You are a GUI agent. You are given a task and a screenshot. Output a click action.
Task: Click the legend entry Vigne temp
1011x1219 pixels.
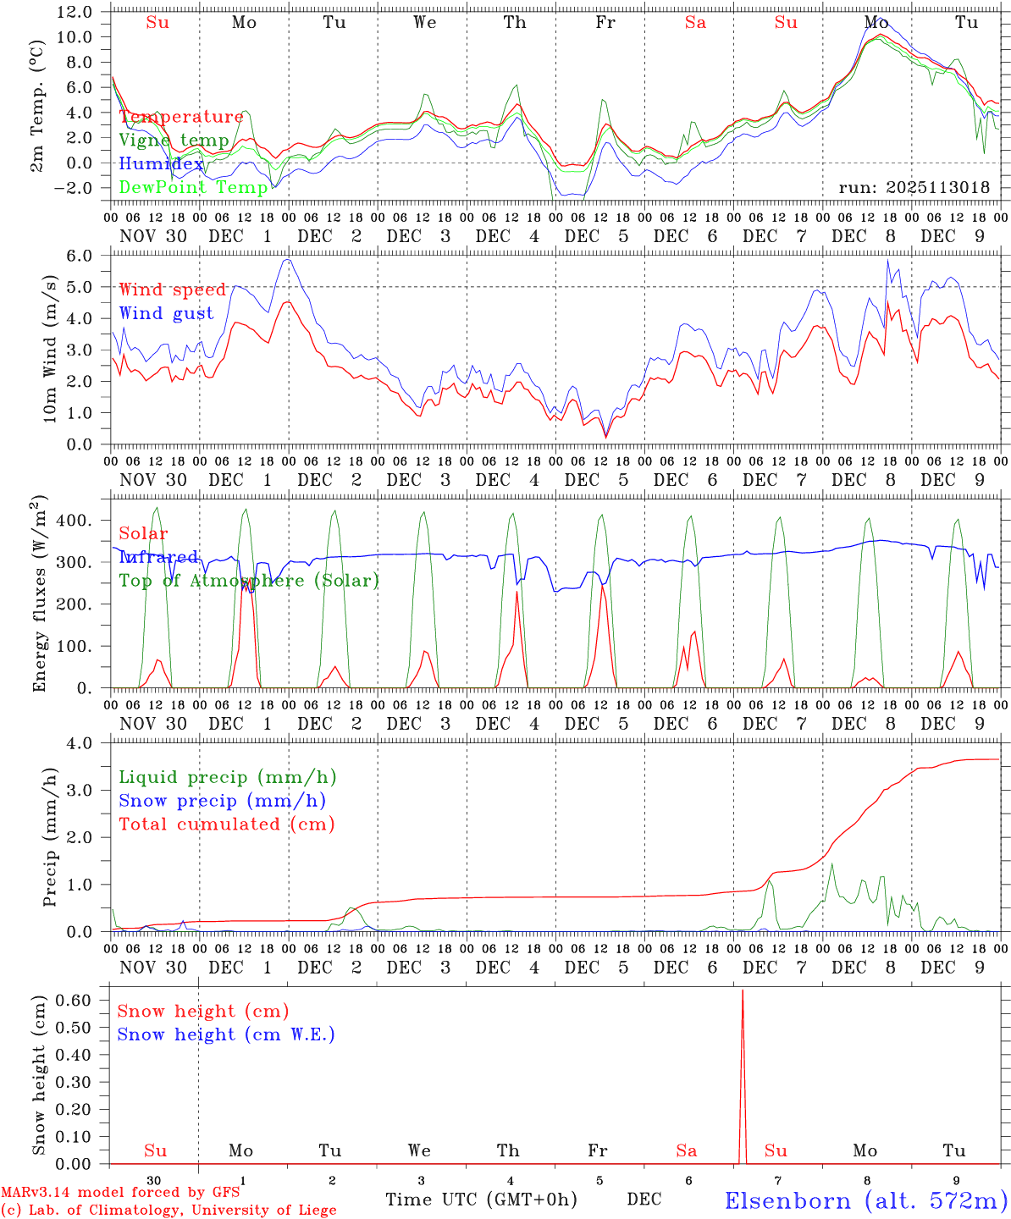click(174, 141)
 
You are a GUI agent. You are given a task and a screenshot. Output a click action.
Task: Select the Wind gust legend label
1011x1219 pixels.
click(166, 313)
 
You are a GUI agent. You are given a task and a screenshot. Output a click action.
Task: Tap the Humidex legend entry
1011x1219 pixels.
click(161, 164)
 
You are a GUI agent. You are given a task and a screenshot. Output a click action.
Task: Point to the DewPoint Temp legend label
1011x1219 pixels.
click(193, 187)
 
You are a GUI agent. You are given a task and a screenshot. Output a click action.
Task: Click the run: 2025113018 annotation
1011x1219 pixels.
click(914, 188)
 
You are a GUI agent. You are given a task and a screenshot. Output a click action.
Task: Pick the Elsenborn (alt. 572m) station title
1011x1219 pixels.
click(865, 1200)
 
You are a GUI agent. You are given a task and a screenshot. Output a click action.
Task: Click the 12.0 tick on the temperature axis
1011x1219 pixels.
click(75, 12)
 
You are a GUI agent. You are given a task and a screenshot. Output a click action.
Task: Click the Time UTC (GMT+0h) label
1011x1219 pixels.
click(481, 1200)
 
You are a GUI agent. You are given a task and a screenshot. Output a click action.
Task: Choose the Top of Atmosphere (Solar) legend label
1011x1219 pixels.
click(248, 581)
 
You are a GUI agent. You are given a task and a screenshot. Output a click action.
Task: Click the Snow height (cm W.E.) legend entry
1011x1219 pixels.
click(226, 1034)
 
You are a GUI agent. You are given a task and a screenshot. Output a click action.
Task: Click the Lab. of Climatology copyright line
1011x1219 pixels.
click(168, 1211)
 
